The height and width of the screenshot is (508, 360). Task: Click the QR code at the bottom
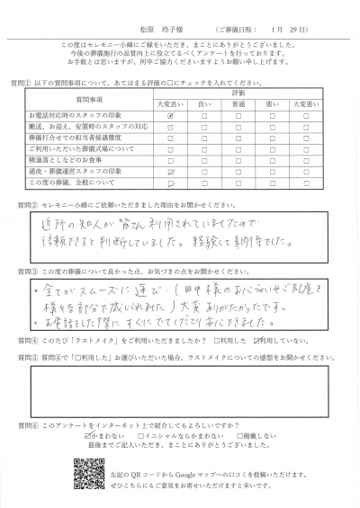point(86,473)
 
